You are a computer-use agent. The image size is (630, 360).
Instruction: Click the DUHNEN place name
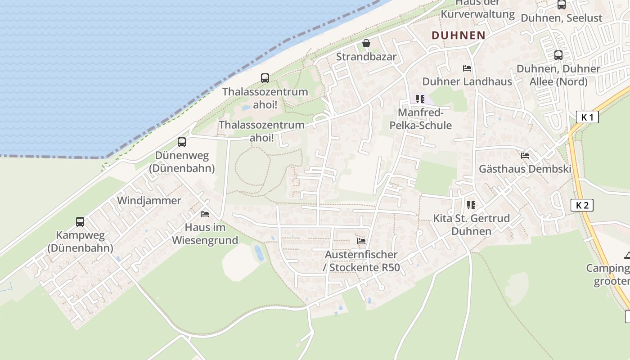click(459, 35)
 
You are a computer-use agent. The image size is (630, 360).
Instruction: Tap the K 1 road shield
click(587, 117)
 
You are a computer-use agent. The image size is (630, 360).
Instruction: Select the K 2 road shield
click(582, 205)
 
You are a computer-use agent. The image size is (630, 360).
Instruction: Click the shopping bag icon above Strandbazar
click(366, 44)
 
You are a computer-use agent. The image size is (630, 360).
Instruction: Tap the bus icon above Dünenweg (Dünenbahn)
click(182, 142)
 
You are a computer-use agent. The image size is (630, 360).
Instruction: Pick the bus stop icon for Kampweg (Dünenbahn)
click(80, 221)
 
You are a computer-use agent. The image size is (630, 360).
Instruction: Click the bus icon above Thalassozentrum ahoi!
click(265, 78)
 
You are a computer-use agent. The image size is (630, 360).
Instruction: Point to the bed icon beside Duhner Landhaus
click(467, 68)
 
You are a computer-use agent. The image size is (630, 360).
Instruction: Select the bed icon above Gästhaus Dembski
click(525, 156)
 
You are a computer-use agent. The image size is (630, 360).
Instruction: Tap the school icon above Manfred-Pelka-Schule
click(420, 99)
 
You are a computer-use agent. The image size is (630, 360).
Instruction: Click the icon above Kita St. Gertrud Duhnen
click(471, 205)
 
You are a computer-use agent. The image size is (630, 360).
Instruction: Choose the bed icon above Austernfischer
click(361, 241)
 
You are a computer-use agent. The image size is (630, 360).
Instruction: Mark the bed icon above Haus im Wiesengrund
click(205, 214)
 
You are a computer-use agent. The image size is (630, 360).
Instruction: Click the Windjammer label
click(149, 201)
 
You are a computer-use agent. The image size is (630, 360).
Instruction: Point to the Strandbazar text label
click(366, 57)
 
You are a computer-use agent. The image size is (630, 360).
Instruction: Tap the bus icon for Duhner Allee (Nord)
click(558, 55)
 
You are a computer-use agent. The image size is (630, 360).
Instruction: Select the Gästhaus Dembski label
click(525, 169)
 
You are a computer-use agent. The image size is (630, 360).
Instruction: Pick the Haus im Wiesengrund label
click(205, 234)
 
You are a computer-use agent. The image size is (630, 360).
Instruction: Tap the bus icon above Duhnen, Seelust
click(562, 5)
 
